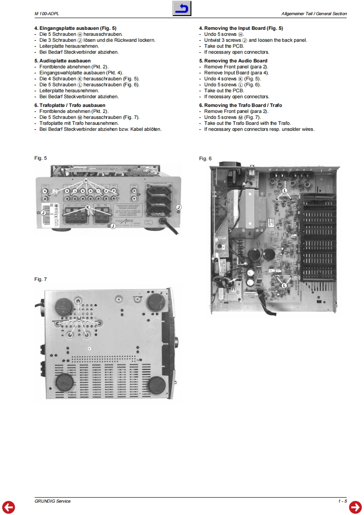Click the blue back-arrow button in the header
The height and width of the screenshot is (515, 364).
point(182,9)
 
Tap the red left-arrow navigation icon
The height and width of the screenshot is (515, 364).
point(9,506)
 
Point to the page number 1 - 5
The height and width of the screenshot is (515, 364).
point(342,501)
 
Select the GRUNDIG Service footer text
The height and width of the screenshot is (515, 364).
point(53,501)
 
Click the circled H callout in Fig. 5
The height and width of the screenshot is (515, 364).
point(86,181)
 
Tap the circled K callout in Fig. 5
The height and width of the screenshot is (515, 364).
point(88,207)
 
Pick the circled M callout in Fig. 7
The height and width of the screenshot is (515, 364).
point(78,319)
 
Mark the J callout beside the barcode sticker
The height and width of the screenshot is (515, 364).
point(43,213)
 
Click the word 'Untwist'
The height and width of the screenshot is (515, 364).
point(213,40)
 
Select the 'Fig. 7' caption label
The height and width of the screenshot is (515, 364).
point(40,279)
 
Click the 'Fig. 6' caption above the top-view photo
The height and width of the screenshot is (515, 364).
point(205,159)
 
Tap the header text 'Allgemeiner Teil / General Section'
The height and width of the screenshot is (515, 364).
point(314,14)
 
